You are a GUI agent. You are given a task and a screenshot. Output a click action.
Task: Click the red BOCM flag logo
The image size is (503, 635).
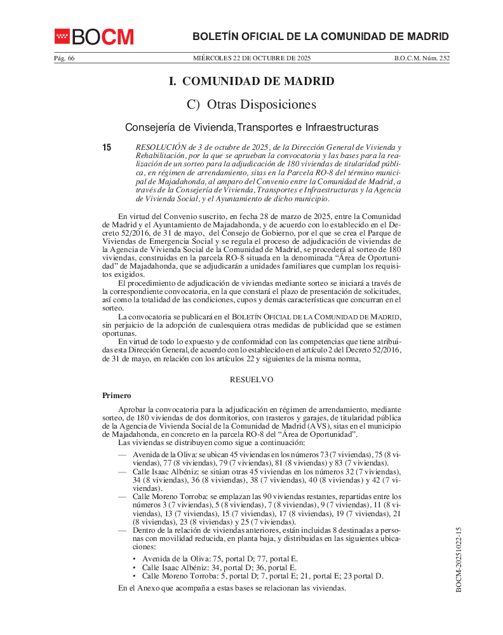62,37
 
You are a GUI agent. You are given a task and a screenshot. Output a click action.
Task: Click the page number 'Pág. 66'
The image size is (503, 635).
64,58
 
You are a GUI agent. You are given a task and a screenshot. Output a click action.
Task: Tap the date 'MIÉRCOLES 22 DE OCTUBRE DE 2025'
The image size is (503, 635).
251,58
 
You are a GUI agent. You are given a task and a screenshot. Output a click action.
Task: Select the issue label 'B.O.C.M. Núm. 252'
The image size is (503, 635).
422,58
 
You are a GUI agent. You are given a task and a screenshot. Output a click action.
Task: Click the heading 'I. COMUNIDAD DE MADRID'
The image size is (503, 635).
251,81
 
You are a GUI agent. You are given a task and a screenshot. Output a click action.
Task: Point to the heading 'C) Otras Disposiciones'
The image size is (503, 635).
251,104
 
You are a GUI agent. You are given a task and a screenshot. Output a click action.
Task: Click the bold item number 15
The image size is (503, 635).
107,148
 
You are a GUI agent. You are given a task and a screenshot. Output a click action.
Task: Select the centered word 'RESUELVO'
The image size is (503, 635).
251,380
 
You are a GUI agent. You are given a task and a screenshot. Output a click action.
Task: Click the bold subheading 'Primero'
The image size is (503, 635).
117,396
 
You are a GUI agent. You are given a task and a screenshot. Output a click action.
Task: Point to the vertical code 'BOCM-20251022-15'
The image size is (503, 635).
458,559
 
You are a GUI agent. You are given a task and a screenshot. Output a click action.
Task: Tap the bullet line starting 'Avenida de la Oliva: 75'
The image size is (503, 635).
220,559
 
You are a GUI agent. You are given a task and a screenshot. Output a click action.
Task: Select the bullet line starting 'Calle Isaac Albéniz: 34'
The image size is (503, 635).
219,568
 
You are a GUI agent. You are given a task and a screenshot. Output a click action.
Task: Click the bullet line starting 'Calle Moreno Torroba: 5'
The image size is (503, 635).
262,576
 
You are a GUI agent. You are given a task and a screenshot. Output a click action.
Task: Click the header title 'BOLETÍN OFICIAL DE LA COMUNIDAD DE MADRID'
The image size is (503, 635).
321,36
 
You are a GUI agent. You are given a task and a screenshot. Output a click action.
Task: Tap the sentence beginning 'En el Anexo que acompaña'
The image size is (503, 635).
232,588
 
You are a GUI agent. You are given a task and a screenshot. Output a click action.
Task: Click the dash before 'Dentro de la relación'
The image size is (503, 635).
122,530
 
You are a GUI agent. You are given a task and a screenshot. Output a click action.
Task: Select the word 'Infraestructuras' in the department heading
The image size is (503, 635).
341,127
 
